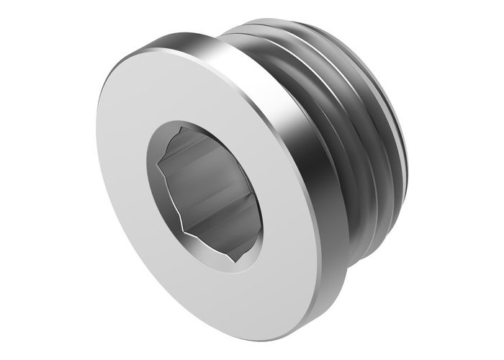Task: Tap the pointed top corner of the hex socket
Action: pos(189,130)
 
